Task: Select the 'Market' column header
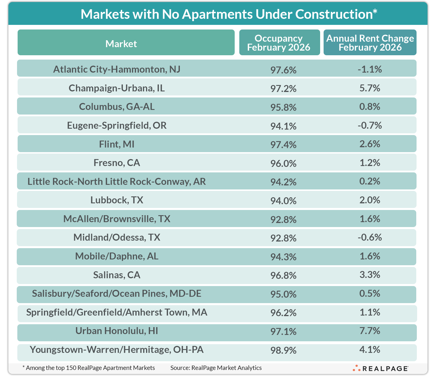121,44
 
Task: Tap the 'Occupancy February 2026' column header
279,43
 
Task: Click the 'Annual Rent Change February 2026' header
370,43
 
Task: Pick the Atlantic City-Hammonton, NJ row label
117,69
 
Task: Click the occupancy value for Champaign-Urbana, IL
283,89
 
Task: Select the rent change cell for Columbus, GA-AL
369,107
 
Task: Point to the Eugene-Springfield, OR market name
117,125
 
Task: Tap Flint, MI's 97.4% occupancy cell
283,144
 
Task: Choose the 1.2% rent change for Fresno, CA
369,163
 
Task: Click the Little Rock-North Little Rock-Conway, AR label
117,181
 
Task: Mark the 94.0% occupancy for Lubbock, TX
283,201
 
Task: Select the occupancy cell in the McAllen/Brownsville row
283,220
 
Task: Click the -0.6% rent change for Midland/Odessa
369,237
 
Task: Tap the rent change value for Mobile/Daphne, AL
369,256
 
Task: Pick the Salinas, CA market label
117,275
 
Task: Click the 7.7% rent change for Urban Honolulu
369,331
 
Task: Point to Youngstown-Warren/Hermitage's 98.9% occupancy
283,350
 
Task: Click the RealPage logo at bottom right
380,368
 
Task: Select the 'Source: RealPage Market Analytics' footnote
216,368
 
